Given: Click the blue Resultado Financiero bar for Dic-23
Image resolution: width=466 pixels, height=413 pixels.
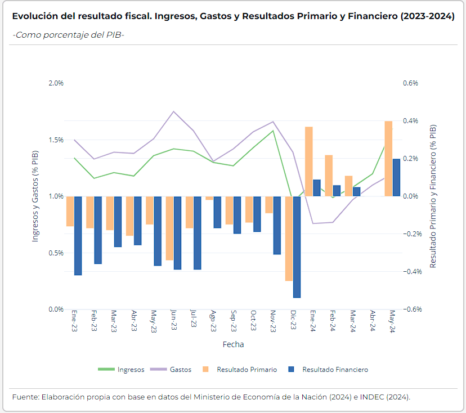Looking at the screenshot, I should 297,246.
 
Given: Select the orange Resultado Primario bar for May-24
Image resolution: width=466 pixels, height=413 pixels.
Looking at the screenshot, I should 388,159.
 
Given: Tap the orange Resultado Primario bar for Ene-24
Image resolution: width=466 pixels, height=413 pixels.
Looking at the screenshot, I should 309,161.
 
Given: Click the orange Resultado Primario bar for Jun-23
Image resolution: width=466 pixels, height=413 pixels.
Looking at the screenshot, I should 169,228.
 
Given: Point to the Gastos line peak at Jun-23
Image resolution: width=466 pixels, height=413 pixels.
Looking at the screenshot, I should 173,111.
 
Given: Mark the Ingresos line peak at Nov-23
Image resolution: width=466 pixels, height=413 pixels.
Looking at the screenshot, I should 273,131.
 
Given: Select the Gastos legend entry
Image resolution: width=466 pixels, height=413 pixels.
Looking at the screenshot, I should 181,370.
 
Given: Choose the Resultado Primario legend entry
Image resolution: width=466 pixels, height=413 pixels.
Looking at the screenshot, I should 247,370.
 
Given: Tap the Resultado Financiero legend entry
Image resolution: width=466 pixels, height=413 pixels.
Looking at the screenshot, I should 335,370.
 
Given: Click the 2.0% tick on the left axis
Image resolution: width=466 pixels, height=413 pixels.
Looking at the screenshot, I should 56,83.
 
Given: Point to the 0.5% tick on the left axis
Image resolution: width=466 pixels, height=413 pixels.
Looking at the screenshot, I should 56,253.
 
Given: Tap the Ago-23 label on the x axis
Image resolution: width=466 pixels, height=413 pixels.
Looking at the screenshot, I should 213,322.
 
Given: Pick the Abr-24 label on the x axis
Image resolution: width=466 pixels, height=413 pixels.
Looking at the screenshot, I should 372,322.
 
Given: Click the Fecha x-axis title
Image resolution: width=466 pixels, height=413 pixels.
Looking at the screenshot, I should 233,344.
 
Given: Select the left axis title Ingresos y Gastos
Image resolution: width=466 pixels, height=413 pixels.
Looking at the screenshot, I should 35,196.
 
